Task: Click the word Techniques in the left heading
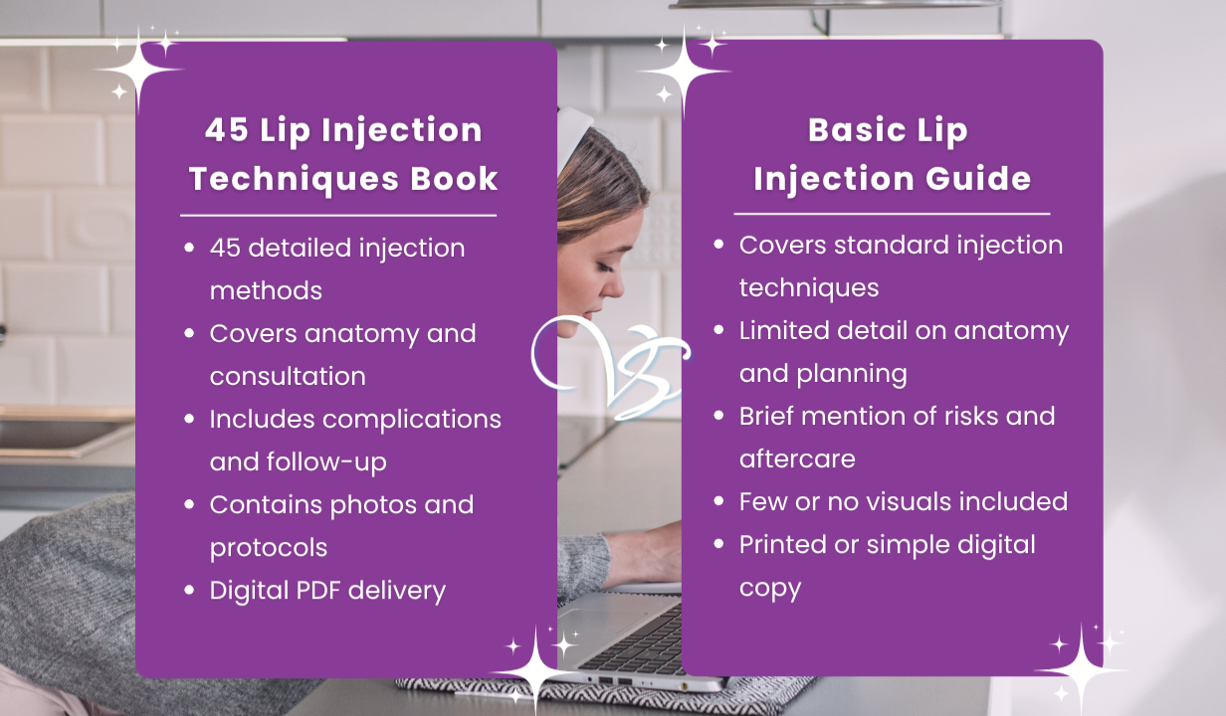(295, 180)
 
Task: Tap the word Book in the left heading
(454, 178)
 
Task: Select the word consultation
(288, 376)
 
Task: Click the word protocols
(269, 549)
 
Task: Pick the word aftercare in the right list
(797, 458)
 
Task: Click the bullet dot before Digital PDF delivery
(189, 590)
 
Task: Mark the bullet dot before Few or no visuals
(719, 501)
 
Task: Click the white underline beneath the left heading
(338, 216)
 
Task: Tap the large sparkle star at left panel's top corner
(138, 70)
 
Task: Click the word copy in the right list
(770, 590)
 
